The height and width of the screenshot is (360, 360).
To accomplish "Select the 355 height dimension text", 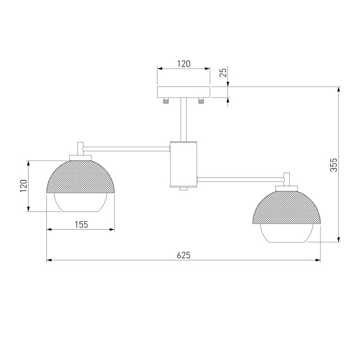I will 335,165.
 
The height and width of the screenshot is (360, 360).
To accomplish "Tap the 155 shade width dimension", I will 81,225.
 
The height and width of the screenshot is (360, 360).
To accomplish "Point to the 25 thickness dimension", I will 223,73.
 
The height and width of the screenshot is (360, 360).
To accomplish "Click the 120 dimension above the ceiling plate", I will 183,64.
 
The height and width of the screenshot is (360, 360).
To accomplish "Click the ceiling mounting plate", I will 183,92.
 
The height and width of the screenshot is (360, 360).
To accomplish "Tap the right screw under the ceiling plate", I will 201,101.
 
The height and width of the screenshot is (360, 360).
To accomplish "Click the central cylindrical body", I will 183,164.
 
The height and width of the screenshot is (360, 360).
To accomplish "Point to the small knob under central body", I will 183,189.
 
